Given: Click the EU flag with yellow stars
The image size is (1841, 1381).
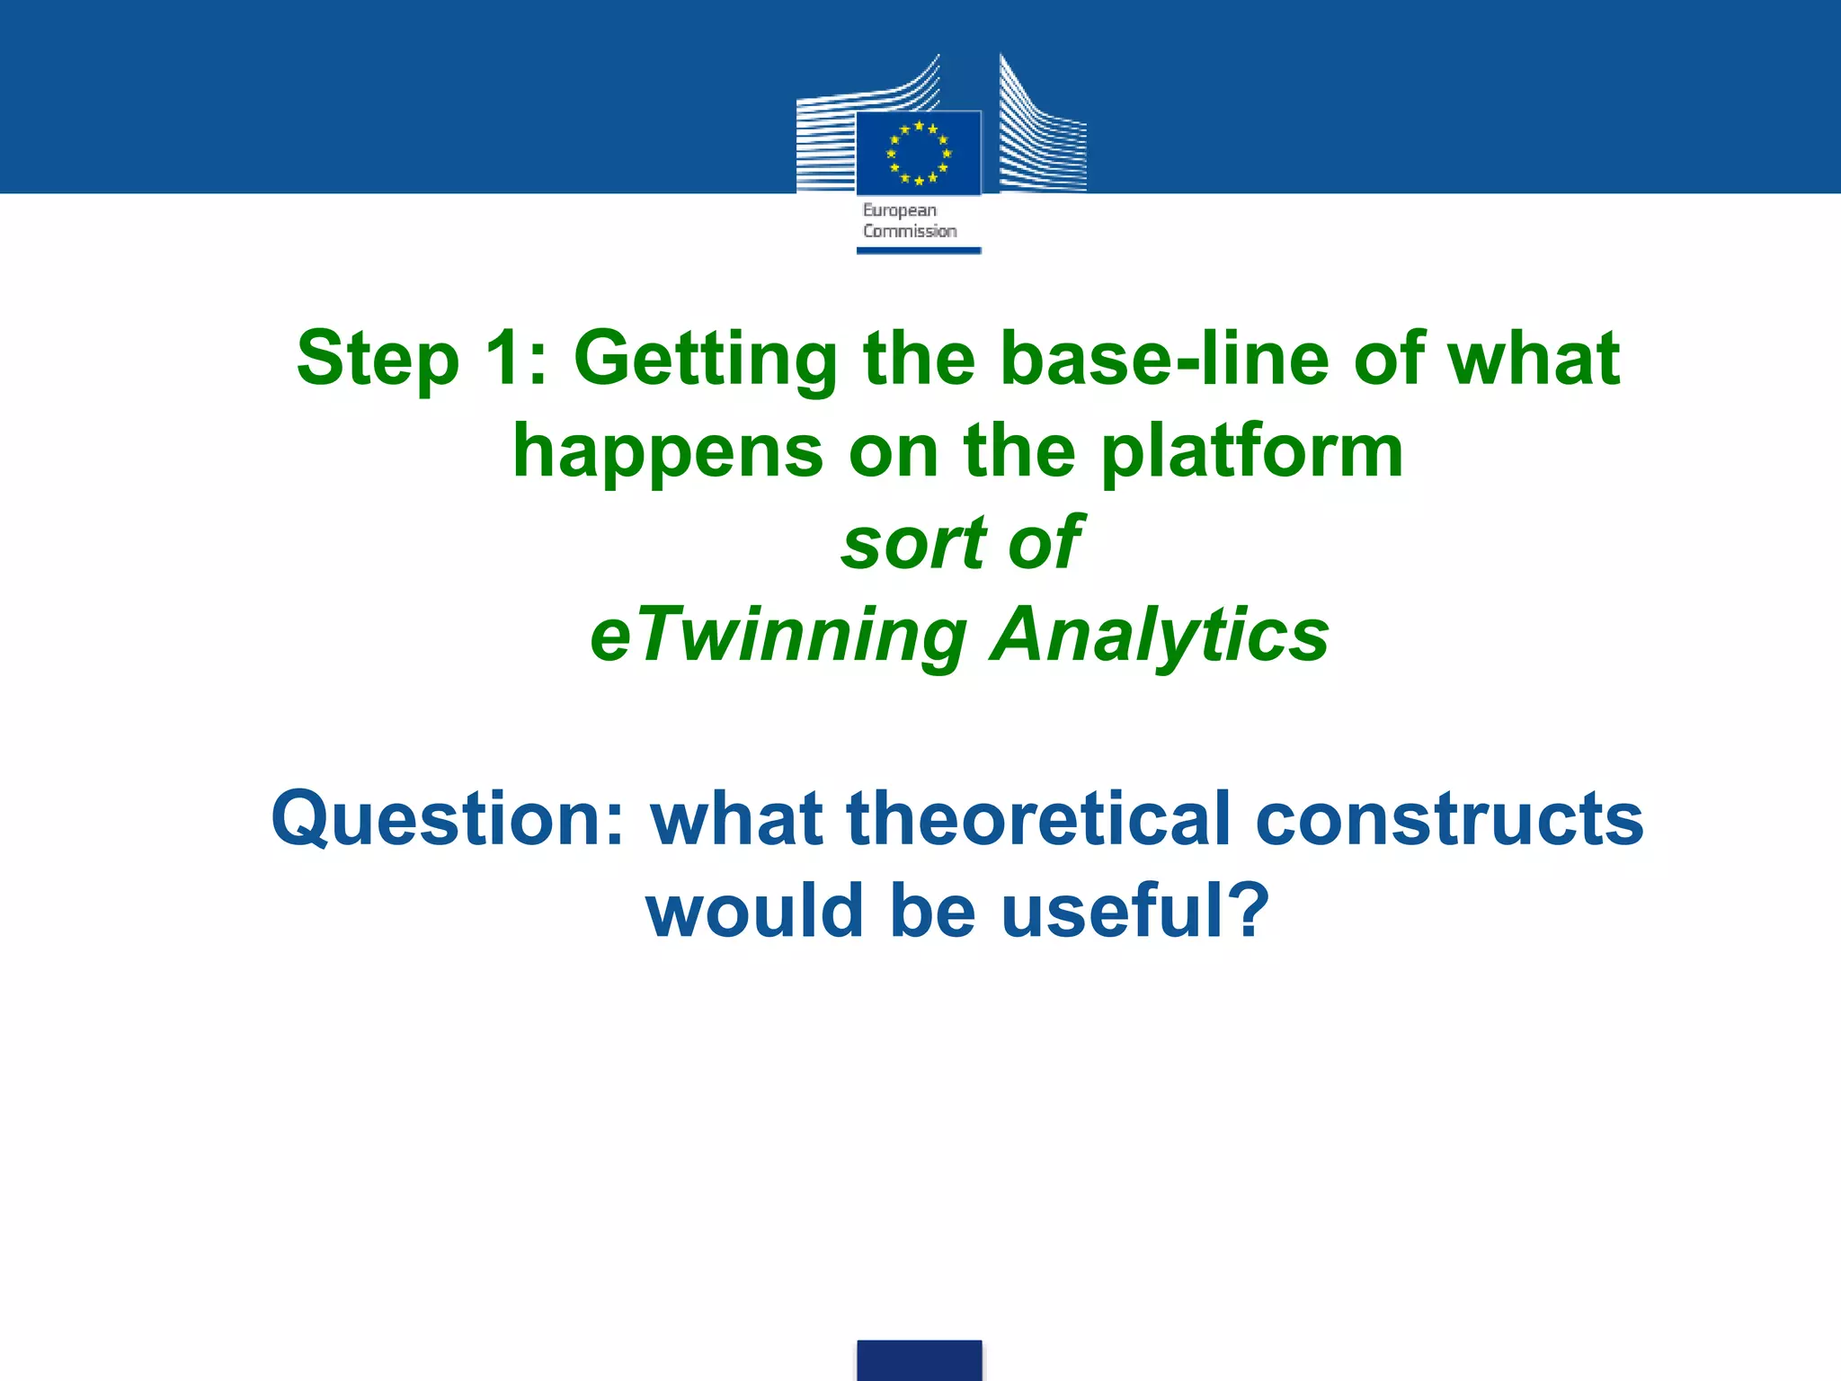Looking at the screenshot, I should coord(918,152).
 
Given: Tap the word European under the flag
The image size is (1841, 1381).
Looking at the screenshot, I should coord(899,210).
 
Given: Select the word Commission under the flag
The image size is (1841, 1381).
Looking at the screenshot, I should coord(910,231).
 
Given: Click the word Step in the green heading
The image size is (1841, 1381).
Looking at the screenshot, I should coord(378,359).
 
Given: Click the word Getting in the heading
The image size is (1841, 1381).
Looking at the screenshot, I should coord(706,359).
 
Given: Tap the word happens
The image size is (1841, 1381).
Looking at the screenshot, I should coord(667,452).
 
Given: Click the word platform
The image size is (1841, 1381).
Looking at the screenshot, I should coord(1251,452).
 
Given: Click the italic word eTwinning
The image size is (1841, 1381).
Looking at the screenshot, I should coord(778,635).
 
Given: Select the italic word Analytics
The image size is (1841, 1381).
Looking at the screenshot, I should coord(1159,635).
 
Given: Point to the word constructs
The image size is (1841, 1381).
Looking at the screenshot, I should coord(1449,819).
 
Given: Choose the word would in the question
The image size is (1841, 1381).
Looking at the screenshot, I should coord(755,910).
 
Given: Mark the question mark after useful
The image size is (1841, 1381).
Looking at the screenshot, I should coord(1245,910).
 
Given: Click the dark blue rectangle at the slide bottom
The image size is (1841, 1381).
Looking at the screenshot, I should coord(919,1359).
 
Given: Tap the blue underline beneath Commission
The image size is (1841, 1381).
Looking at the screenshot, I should coord(918,251).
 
